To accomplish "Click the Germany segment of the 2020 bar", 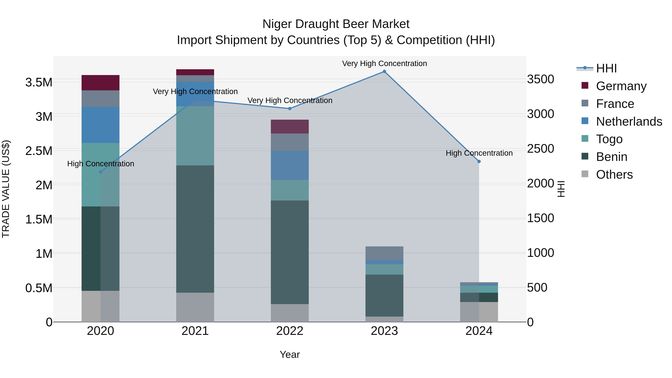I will [100, 83].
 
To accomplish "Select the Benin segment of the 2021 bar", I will [195, 229].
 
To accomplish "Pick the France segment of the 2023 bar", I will [384, 253].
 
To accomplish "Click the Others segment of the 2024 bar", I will [479, 312].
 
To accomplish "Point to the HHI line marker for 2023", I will [384, 71].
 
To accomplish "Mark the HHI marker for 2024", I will [479, 161].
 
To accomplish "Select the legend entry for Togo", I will [609, 139].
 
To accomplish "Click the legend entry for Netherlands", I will [629, 122].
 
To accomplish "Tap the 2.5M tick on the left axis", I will [39, 151].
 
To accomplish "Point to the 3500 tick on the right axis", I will [541, 79].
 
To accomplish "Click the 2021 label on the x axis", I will [195, 331].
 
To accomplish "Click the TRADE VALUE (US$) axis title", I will [6, 189].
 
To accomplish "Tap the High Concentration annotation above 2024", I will [479, 153].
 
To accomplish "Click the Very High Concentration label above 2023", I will [384, 64].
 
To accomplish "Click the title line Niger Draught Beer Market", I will [336, 24].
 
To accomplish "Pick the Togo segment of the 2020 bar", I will [100, 175].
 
